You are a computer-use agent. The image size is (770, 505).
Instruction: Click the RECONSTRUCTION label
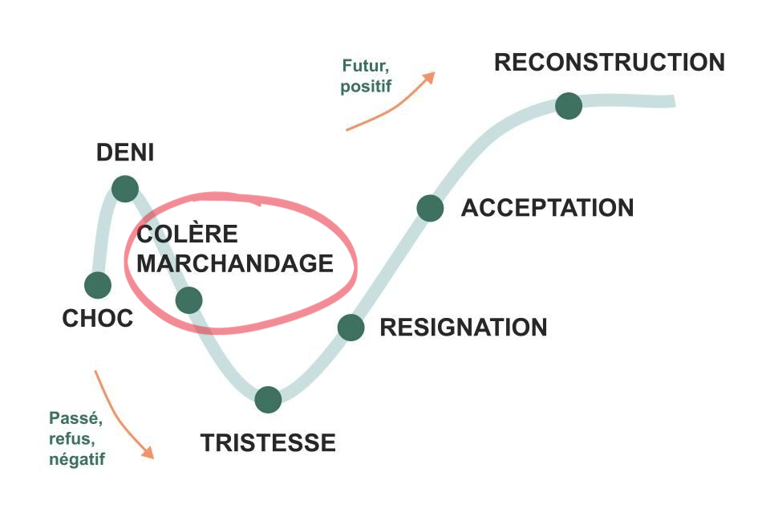click(610, 63)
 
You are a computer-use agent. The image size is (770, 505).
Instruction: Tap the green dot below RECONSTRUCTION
click(569, 106)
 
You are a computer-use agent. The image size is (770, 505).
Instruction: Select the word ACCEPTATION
click(548, 207)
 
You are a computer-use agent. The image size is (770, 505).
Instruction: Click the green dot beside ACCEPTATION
click(430, 208)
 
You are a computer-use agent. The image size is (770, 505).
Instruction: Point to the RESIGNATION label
click(464, 328)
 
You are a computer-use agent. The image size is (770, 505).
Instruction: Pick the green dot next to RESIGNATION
click(351, 328)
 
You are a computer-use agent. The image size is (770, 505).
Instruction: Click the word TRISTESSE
click(268, 443)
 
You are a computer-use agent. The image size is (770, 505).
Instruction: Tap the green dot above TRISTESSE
click(268, 400)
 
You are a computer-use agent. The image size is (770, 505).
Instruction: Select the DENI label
click(125, 153)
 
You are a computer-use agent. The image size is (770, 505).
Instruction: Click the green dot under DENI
click(125, 189)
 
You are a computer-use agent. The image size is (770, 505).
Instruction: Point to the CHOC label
click(98, 319)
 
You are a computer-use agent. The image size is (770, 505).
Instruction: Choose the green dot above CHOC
click(98, 285)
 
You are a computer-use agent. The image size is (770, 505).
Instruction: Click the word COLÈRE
click(187, 233)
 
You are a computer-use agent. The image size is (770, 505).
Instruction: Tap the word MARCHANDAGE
click(235, 263)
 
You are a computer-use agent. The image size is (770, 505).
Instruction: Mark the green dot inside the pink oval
click(189, 300)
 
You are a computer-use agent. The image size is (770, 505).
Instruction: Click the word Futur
click(366, 66)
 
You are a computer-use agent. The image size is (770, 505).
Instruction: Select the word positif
click(366, 87)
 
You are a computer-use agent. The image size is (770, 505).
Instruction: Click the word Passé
click(75, 418)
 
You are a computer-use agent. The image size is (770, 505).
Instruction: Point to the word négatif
click(77, 459)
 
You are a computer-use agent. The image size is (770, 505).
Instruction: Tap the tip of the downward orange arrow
click(153, 458)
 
